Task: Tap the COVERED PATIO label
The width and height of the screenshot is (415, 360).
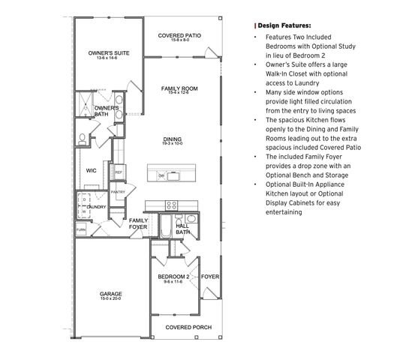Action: (179, 35)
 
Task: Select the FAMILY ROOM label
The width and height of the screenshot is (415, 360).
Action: (179, 88)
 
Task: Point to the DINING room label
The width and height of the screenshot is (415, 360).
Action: (173, 139)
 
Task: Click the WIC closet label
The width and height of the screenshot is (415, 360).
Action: (91, 170)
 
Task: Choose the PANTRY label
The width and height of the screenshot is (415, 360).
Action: (117, 192)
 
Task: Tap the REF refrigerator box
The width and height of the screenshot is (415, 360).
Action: (119, 172)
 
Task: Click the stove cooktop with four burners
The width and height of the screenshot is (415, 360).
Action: (171, 205)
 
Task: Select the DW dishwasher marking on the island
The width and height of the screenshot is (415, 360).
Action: (161, 175)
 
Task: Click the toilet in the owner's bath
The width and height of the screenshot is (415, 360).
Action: (83, 138)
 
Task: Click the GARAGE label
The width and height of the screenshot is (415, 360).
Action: (111, 293)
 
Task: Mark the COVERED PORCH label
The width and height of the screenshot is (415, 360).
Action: (187, 328)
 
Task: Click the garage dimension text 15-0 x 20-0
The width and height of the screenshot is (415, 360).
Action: (111, 299)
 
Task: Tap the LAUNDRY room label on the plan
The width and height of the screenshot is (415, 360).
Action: (96, 207)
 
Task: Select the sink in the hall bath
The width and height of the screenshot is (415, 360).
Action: (191, 220)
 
